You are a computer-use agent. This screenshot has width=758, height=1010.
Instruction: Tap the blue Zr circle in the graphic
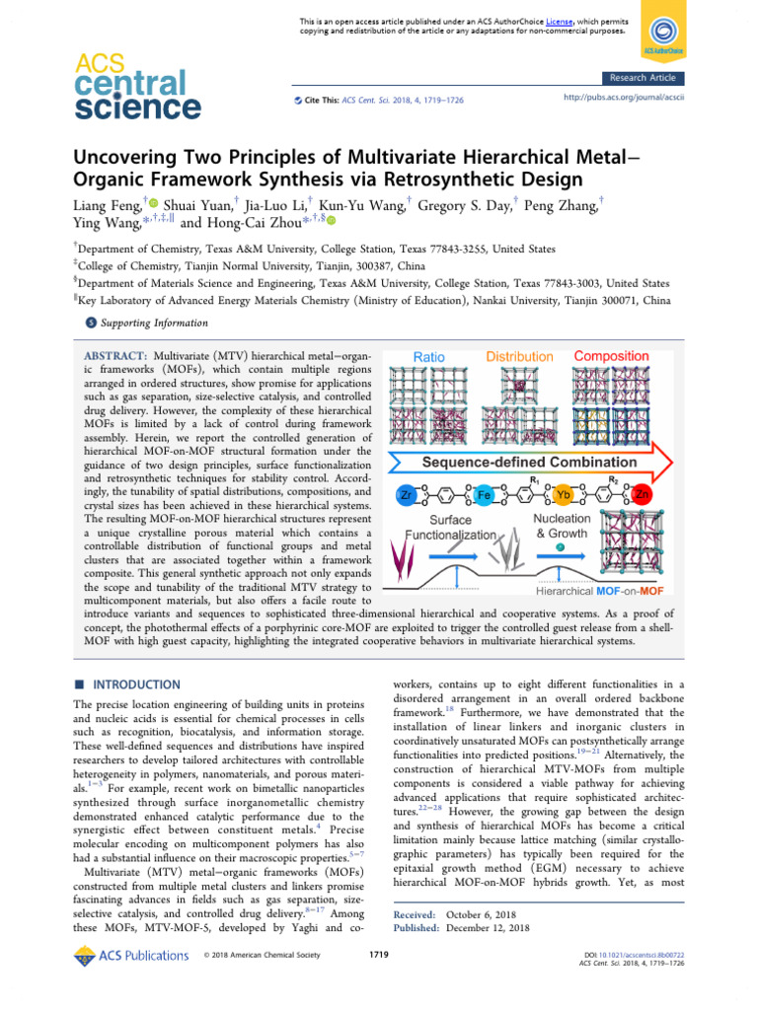coord(405,493)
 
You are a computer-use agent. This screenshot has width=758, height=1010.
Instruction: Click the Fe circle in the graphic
coord(484,493)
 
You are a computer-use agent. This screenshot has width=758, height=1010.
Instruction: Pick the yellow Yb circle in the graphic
coord(564,493)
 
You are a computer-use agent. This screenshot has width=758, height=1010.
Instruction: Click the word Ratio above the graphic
coord(429,356)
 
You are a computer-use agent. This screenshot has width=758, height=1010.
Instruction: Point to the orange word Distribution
coord(519,356)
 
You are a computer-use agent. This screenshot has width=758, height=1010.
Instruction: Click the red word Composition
coord(611,356)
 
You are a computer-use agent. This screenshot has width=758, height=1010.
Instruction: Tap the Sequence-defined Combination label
coord(516,462)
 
